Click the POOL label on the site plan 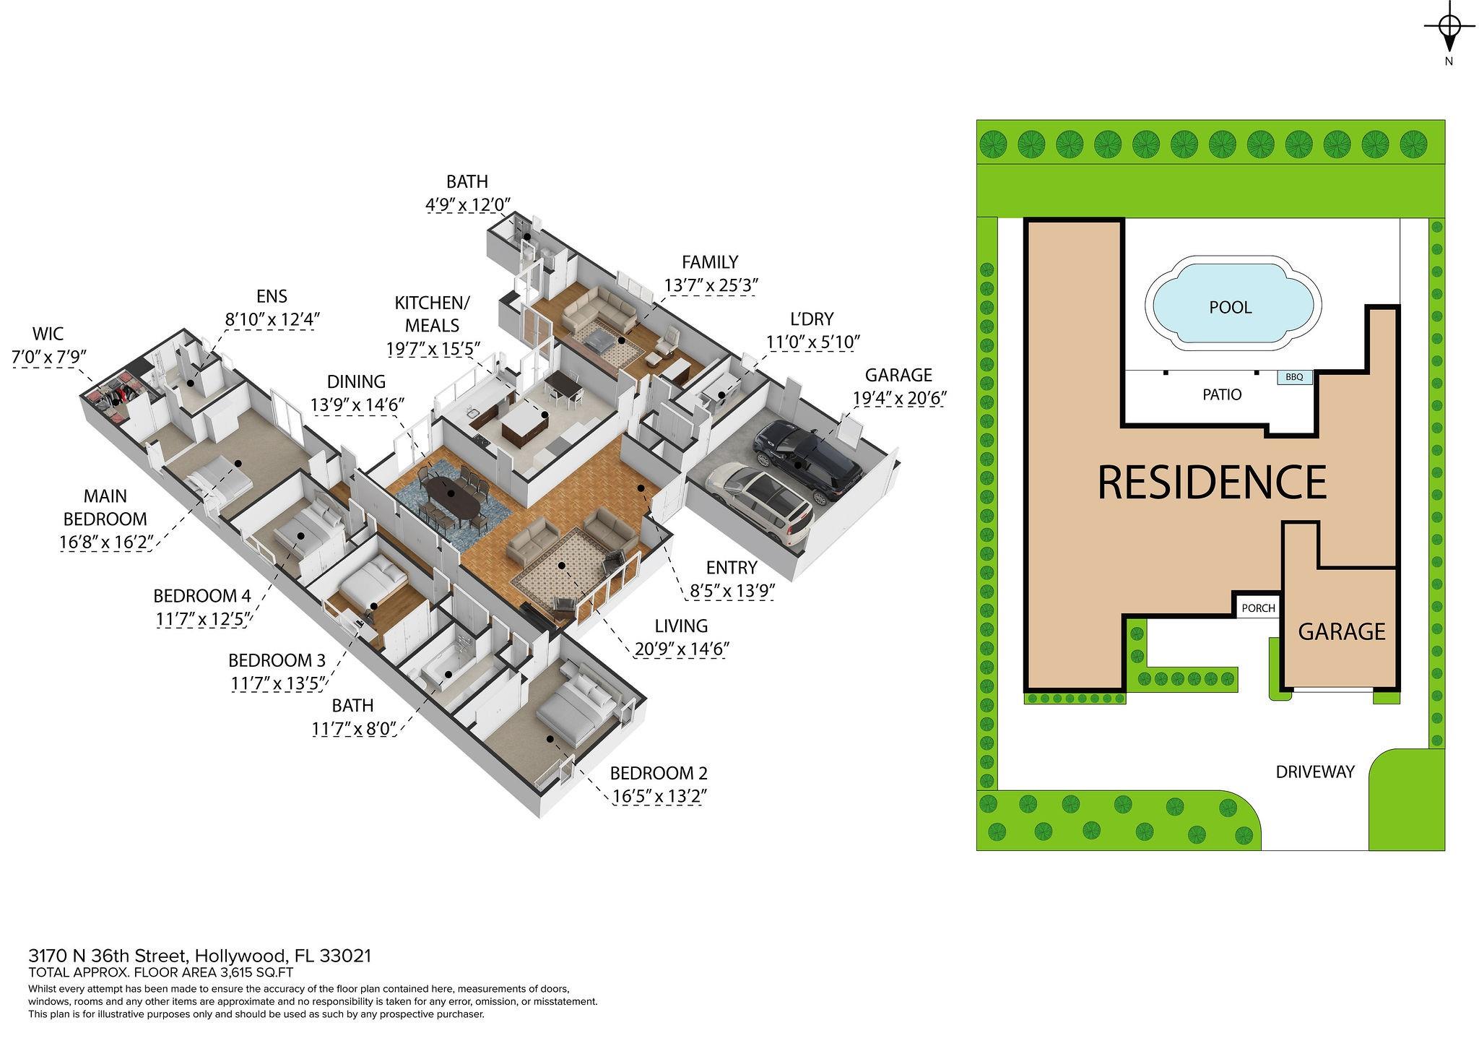coord(1230,308)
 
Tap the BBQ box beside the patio coord(1294,377)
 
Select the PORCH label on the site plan coord(1258,608)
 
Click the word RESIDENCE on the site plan coord(1212,482)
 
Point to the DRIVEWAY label coord(1314,771)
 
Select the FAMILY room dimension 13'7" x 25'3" coord(710,286)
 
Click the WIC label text coord(48,334)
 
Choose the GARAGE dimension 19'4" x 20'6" coord(899,398)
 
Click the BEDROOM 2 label coord(659,773)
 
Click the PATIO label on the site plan coord(1222,395)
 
